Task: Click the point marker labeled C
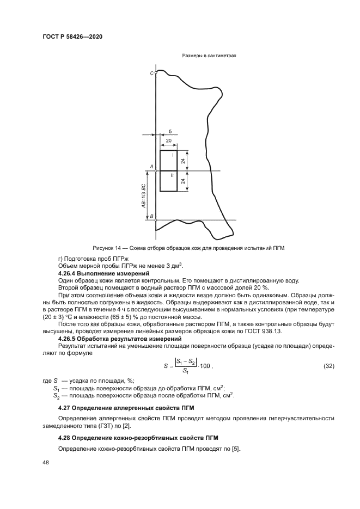click(x=156, y=72)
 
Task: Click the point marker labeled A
click(x=156, y=171)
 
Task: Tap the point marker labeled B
click(x=156, y=220)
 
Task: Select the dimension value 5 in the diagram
click(x=170, y=131)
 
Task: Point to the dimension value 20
click(x=168, y=140)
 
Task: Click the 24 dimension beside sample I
click(x=184, y=161)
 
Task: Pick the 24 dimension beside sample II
click(x=184, y=181)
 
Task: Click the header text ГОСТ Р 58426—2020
click(x=72, y=37)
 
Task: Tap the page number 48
click(x=46, y=463)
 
